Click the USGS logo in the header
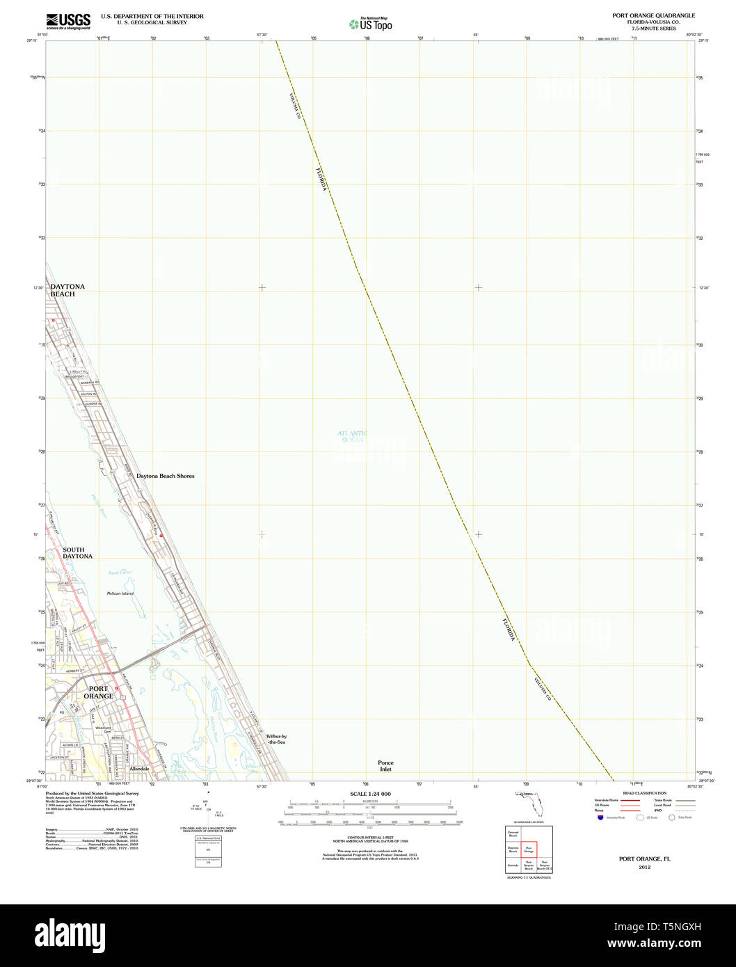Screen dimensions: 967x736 pos(67,21)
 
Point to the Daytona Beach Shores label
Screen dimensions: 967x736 pos(166,476)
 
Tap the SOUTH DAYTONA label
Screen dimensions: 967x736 pos(77,553)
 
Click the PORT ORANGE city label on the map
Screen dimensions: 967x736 pos(98,692)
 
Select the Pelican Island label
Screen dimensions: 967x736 pos(120,593)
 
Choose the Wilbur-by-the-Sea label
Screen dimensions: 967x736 pos(276,739)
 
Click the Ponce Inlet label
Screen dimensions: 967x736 pos(385,765)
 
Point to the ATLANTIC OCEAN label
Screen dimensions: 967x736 pos(353,436)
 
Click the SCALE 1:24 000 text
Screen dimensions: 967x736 pos(370,794)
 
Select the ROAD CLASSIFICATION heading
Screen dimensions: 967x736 pos(644,793)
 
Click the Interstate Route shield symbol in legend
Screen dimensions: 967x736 pos(601,817)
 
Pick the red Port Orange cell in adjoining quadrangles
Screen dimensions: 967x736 pos(529,849)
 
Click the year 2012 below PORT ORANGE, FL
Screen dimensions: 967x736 pos(645,868)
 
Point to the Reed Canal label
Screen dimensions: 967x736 pos(120,572)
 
